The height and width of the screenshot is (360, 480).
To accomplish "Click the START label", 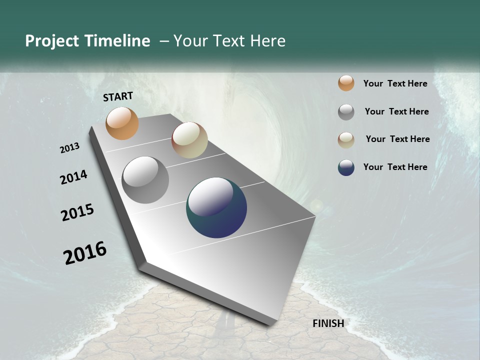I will pyautogui.click(x=118, y=96).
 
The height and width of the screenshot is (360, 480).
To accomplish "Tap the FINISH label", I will pyautogui.click(x=328, y=323).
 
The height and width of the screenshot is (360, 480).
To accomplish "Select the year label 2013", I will pyautogui.click(x=69, y=148).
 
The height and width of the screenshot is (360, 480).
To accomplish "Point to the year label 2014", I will pyautogui.click(x=73, y=177).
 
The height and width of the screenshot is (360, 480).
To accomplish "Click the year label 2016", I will pyautogui.click(x=85, y=253).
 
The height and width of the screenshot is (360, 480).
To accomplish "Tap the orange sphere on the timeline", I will pyautogui.click(x=122, y=123).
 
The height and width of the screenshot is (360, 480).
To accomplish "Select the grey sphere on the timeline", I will pyautogui.click(x=145, y=180).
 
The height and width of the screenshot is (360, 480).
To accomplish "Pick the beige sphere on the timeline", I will pyautogui.click(x=189, y=140).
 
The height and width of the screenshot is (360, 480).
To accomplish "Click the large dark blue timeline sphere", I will pyautogui.click(x=216, y=207).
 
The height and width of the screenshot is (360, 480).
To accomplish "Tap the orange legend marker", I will pyautogui.click(x=346, y=83).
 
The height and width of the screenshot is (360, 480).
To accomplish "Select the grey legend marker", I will pyautogui.click(x=346, y=112).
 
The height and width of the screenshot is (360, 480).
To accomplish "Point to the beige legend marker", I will pyautogui.click(x=346, y=140).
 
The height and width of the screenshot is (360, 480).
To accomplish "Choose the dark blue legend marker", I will pyautogui.click(x=346, y=167).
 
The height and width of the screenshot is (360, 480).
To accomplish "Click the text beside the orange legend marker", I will pyautogui.click(x=395, y=83).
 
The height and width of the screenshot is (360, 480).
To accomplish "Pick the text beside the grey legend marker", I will pyautogui.click(x=396, y=111).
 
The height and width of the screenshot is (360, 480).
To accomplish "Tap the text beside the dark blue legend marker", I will pyautogui.click(x=395, y=167).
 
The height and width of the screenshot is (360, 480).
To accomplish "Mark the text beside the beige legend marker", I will pyautogui.click(x=397, y=139).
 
